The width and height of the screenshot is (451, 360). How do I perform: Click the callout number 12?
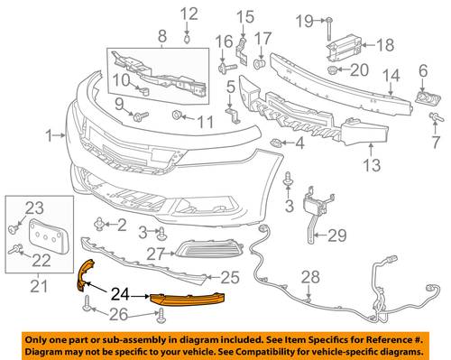point(189,14)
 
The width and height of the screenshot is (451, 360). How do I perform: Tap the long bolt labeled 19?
point(328,29)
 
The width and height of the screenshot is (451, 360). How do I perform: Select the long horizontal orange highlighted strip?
point(187,299)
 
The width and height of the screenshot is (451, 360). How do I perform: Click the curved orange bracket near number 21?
point(85,275)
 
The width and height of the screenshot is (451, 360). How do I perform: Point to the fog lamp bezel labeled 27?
point(209,250)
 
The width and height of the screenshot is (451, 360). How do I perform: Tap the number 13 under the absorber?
point(372,165)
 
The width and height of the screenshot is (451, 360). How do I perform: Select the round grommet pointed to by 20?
point(332,69)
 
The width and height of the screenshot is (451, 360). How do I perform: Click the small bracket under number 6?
point(428,98)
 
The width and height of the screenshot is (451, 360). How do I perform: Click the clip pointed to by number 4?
point(276,143)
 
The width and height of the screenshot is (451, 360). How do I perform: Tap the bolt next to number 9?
point(141,115)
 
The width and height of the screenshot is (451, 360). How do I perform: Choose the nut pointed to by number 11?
point(176,115)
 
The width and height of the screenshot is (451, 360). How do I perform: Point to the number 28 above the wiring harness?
point(310,277)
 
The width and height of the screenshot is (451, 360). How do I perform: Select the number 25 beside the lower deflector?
point(230,277)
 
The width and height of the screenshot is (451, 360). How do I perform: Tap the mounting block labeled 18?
point(344,47)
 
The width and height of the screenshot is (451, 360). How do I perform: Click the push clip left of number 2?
point(98,224)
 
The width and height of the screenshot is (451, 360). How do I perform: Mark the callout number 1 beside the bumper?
point(50,136)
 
